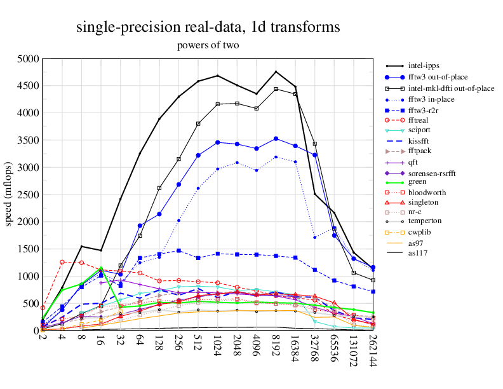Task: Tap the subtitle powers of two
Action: [208, 45]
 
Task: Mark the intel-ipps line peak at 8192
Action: [276, 71]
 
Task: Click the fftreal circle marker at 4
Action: [62, 262]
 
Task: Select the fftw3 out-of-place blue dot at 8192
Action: [276, 138]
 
